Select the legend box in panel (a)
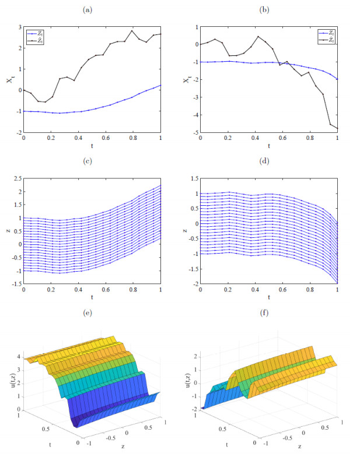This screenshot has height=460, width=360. click(34, 37)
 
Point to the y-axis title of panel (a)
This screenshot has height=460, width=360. click(10, 80)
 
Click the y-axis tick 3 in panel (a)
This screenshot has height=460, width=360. click(19, 27)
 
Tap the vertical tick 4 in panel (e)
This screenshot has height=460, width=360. click(18, 356)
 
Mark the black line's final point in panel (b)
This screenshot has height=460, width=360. click(337, 128)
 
